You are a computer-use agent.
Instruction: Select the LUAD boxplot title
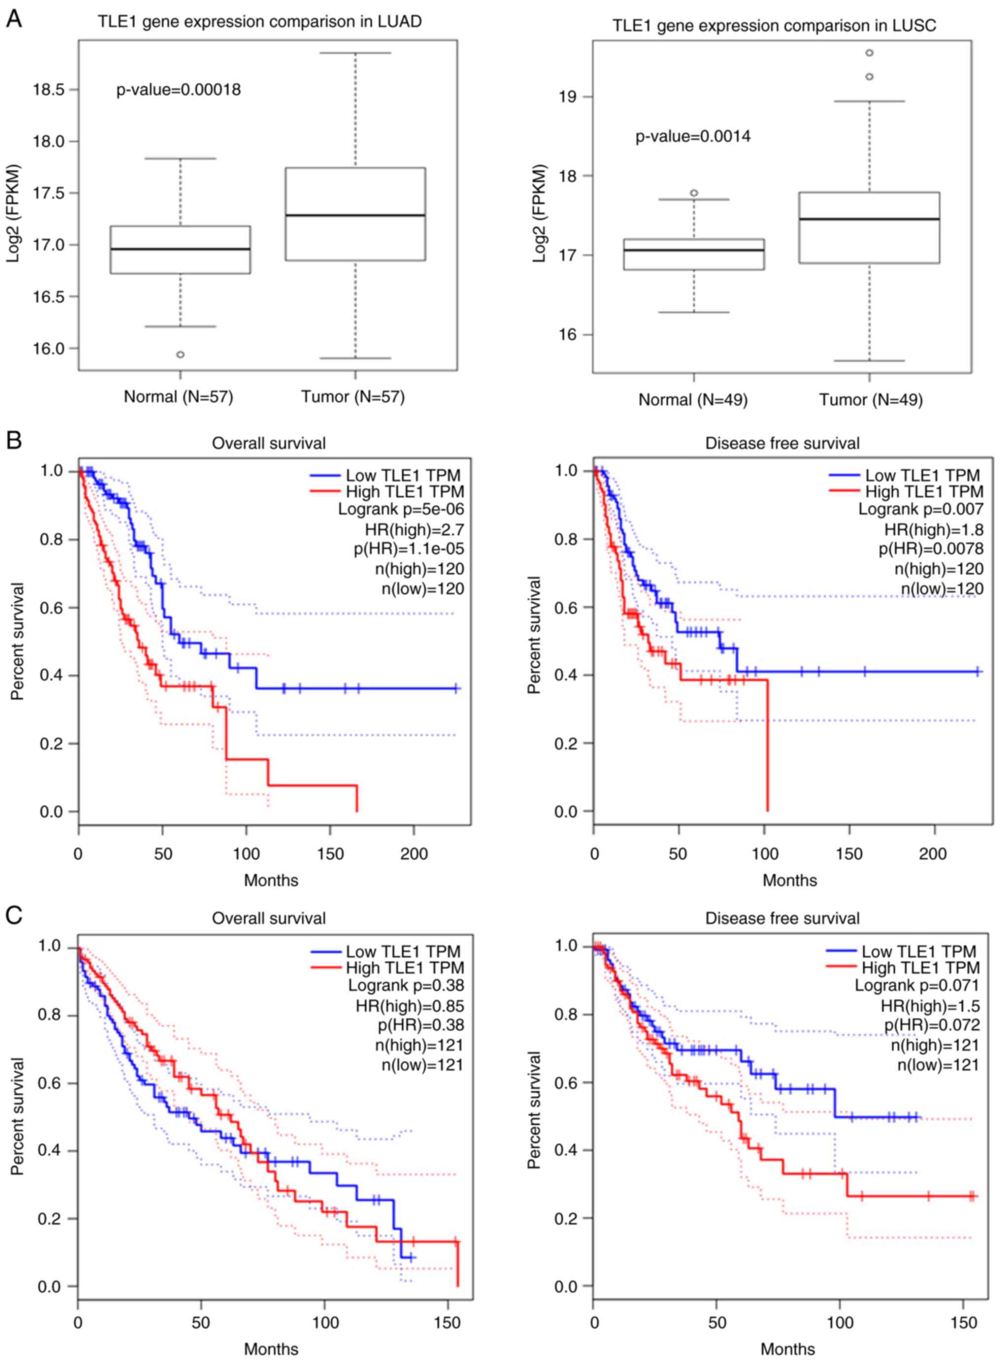click(260, 22)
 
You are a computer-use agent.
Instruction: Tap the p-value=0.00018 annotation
click(179, 90)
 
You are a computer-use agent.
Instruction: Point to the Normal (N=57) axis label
click(178, 397)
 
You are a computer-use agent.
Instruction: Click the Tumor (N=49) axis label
click(871, 400)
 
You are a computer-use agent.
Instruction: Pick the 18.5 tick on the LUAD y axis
click(48, 90)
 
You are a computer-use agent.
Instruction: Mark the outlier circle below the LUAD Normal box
click(180, 355)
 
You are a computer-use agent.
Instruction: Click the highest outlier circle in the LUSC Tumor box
click(869, 53)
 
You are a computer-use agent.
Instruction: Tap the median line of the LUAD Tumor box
click(355, 215)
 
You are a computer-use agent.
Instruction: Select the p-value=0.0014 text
click(693, 136)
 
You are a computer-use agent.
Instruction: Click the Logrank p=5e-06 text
click(401, 509)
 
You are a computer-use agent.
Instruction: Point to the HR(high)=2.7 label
click(414, 530)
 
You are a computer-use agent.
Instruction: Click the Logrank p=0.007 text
click(920, 509)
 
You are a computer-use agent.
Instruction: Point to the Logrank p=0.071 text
click(917, 985)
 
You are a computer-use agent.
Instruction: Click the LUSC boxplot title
click(774, 26)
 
